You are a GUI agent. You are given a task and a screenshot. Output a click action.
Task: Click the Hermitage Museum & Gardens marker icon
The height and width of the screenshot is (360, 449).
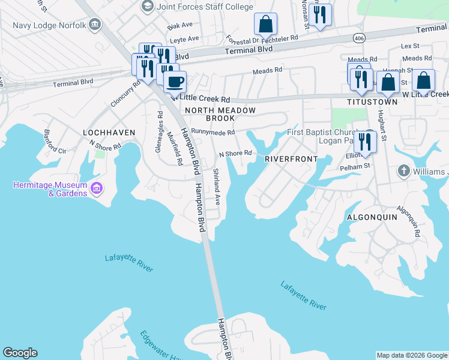pos(96,190)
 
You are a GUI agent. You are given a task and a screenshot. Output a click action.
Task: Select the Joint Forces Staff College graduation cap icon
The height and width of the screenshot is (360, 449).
pos(147,6)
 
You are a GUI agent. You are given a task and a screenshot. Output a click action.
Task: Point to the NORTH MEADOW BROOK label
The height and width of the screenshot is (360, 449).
pos(220,115)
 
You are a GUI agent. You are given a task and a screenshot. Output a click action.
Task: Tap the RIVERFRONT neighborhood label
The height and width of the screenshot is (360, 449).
pos(291,159)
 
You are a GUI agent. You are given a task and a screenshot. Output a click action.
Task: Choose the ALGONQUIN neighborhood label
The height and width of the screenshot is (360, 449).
pos(372,217)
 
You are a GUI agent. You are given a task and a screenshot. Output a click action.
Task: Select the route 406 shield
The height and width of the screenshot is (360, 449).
pos(359,38)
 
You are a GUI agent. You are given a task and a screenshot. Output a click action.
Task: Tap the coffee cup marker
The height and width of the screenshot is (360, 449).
pos(175,81)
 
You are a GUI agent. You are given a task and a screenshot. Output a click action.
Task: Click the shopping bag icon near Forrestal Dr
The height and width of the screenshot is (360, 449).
pos(265,25)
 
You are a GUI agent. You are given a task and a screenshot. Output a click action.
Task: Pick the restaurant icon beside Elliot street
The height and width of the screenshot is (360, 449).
pos(365,142)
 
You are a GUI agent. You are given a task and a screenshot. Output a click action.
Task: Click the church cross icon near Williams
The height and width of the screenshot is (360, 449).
pos(404,172)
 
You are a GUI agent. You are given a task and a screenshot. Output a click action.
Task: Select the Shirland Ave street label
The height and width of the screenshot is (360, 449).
pos(216,187)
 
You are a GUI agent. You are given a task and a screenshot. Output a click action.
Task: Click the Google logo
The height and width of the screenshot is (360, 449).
pos(20,353)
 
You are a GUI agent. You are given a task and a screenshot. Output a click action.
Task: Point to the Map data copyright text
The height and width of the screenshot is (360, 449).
pos(411,355)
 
